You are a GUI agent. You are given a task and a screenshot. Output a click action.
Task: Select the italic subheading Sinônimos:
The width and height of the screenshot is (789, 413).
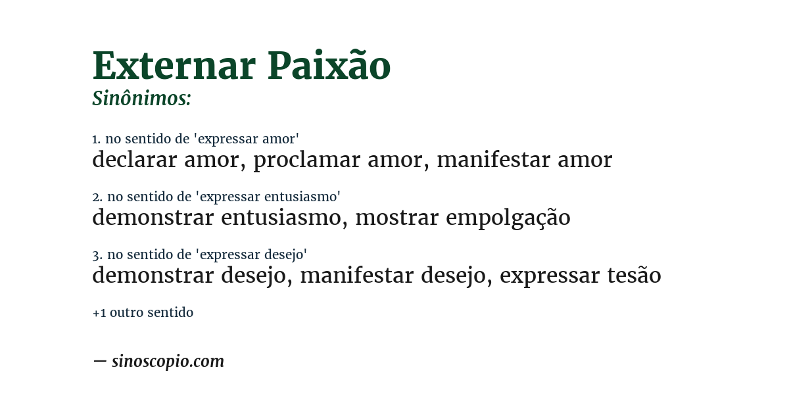(x=141, y=99)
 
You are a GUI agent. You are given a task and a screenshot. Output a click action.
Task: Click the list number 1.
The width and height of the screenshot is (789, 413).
(x=96, y=139)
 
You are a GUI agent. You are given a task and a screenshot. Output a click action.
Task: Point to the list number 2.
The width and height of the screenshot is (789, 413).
(x=97, y=197)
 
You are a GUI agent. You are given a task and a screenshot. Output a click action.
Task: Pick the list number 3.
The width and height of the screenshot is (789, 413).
(x=97, y=255)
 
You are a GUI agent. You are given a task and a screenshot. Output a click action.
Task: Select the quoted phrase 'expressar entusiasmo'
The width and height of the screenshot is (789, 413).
(x=269, y=197)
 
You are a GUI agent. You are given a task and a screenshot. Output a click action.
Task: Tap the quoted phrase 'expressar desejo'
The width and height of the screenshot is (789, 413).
(x=252, y=255)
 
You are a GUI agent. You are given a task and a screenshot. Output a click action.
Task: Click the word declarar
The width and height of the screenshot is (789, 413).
(x=134, y=160)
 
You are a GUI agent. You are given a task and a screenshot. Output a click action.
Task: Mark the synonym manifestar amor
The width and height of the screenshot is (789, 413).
(x=524, y=160)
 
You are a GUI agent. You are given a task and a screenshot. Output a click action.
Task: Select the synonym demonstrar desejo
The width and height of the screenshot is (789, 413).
(x=191, y=276)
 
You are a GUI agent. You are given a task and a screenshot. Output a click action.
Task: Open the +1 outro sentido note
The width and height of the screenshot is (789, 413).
(x=143, y=313)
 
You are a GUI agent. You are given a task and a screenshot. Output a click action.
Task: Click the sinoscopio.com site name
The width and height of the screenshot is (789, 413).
(x=168, y=361)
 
